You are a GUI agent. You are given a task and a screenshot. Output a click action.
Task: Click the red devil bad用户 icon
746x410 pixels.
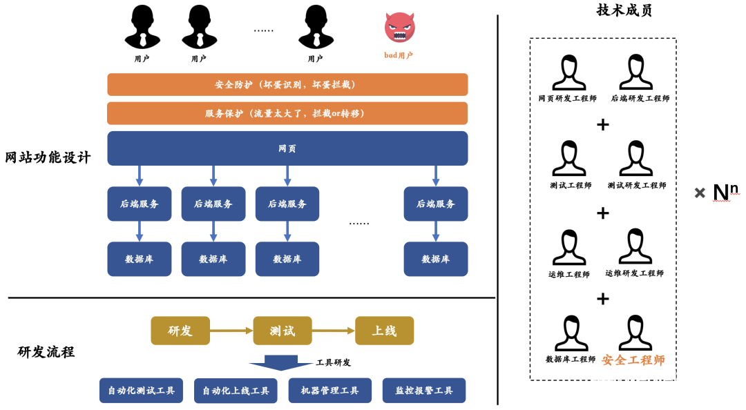(399, 28)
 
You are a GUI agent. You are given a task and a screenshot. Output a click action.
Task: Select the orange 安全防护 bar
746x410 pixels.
(287, 84)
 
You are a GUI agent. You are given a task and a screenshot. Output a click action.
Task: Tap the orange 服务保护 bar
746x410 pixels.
(287, 113)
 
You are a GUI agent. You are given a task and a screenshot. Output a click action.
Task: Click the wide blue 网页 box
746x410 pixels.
(287, 148)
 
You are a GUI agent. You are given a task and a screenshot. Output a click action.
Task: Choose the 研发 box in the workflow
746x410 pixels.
(180, 331)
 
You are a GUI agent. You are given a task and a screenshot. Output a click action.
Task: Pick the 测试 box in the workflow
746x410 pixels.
(283, 331)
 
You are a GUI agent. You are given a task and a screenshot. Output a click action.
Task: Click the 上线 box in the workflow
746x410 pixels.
(384, 331)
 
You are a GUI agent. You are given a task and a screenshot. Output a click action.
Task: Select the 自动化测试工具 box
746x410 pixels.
(141, 391)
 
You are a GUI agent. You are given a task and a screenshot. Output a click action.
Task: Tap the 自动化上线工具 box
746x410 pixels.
(236, 391)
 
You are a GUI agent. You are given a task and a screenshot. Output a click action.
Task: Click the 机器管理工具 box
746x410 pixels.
(330, 391)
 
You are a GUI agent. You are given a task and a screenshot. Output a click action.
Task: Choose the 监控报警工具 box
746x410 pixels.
(424, 391)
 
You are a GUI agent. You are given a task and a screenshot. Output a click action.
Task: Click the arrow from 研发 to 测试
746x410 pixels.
(231, 331)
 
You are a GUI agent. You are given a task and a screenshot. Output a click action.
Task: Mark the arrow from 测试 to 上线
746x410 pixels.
(334, 331)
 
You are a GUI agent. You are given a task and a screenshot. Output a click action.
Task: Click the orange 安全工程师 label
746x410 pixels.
(633, 360)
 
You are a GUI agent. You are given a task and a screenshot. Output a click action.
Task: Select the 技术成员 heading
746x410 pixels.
(624, 10)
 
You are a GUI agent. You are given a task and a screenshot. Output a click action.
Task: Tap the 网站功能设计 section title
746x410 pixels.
(48, 157)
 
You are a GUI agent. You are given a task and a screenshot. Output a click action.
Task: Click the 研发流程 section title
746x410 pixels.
(46, 352)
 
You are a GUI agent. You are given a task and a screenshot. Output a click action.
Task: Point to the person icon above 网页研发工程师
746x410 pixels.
(568, 72)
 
